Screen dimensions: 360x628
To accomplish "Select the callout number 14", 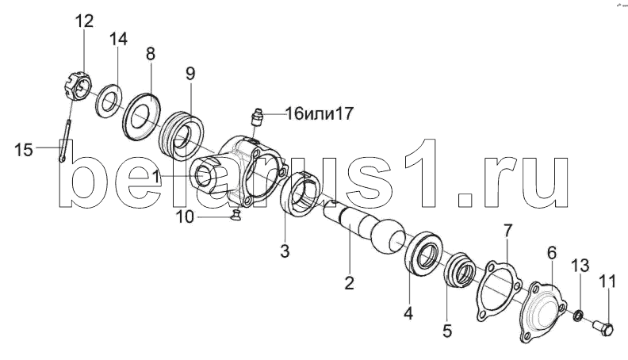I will tap(117, 39).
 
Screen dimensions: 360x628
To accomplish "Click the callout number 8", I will tap(151, 54).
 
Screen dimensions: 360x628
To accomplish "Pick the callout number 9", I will tap(190, 74).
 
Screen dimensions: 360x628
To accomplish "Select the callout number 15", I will tap(25, 147).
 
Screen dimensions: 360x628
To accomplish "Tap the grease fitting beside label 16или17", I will tap(256, 117).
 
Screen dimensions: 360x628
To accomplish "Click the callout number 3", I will tap(285, 251).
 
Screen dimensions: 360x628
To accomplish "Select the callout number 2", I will tap(348, 281).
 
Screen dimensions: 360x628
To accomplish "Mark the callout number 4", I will tap(408, 313).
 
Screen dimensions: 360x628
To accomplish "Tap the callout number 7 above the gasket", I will tap(508, 231).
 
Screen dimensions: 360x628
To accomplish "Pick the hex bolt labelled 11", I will tap(604, 324).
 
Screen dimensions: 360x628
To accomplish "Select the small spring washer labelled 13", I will tap(580, 317).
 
